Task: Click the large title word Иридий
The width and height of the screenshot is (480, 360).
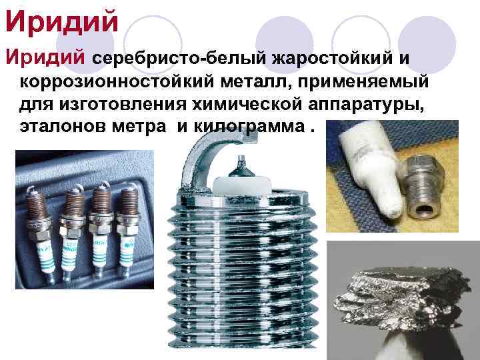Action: pyautogui.click(x=62, y=21)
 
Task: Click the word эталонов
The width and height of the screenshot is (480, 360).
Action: pyautogui.click(x=63, y=127)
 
